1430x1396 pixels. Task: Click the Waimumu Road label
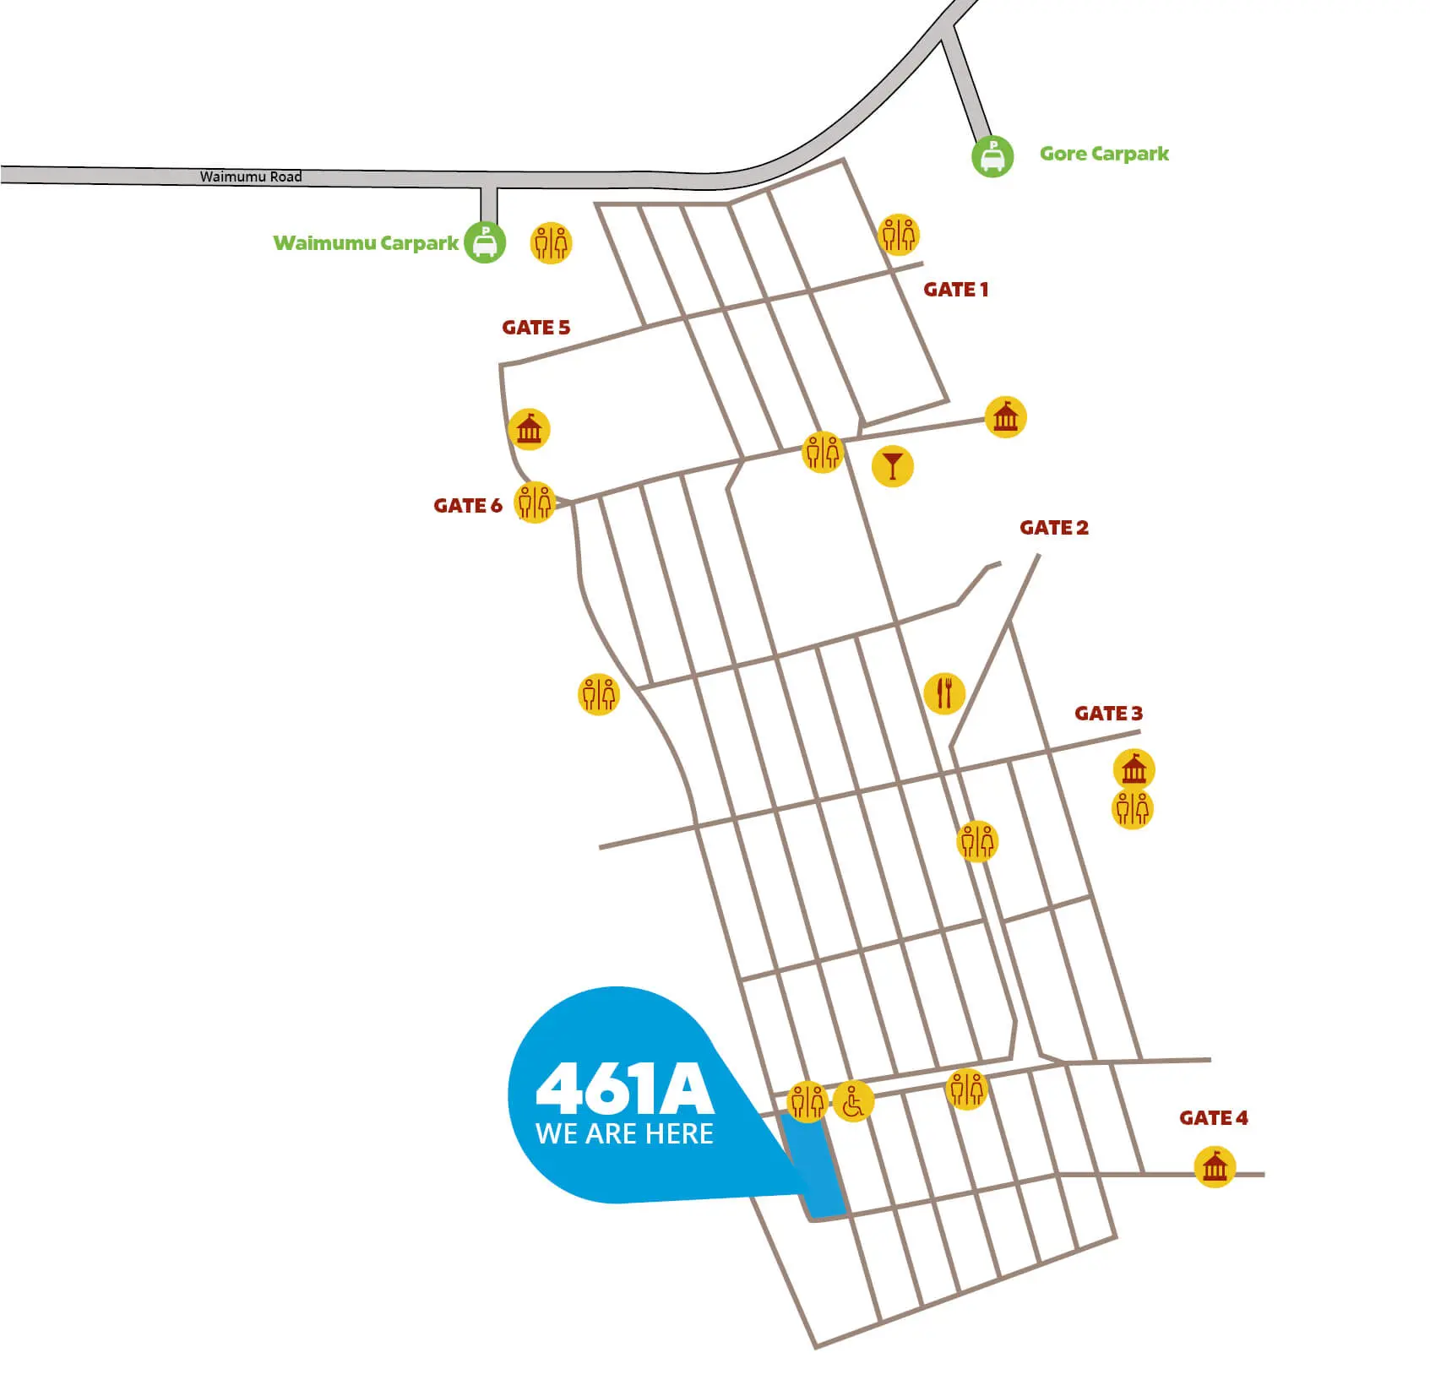(250, 177)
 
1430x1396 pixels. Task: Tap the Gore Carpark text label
(1103, 154)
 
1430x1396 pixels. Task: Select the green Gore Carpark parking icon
(992, 156)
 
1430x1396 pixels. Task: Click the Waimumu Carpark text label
(366, 243)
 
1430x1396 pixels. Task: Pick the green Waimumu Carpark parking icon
(485, 242)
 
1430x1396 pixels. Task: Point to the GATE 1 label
(955, 290)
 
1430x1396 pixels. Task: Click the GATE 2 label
(1053, 528)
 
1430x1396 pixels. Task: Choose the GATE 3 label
(1108, 714)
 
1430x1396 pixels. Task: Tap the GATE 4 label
(1213, 1118)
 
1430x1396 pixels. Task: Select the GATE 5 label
(536, 328)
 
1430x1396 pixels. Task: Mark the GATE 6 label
(467, 506)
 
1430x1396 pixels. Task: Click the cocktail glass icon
(892, 465)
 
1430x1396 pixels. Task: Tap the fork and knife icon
(944, 693)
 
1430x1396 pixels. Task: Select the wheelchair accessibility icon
(853, 1102)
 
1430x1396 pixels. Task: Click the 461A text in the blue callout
(624, 1089)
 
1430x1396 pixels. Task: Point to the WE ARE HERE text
(624, 1133)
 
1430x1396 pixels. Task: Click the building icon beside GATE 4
(1214, 1167)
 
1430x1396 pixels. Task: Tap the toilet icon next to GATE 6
(535, 502)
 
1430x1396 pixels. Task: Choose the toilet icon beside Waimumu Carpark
(551, 243)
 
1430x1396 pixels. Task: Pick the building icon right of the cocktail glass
(1005, 417)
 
